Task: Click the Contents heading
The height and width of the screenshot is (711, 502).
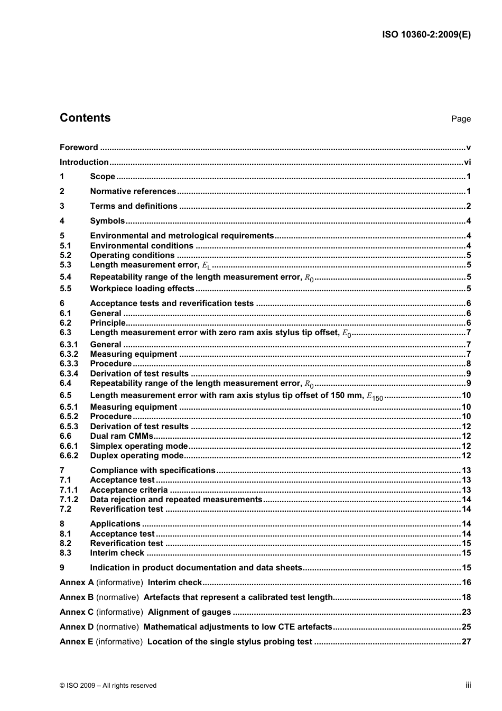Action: pyautogui.click(x=85, y=118)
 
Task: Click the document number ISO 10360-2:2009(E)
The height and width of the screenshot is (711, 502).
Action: pyautogui.click(x=426, y=35)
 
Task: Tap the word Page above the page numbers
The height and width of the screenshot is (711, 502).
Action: pyautogui.click(x=461, y=119)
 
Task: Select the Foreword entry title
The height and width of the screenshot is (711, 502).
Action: pyautogui.click(x=79, y=147)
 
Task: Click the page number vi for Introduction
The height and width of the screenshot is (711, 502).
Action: pyautogui.click(x=467, y=162)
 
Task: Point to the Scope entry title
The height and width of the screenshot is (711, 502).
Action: pyautogui.click(x=103, y=177)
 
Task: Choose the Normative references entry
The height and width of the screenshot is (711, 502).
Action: pyautogui.click(x=133, y=191)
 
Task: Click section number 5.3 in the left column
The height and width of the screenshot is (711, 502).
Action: pyautogui.click(x=66, y=265)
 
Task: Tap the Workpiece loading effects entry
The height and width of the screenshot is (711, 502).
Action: pyautogui.click(x=142, y=289)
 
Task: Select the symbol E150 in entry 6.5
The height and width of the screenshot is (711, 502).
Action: pyautogui.click(x=375, y=396)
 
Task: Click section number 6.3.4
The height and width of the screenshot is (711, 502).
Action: pyautogui.click(x=69, y=374)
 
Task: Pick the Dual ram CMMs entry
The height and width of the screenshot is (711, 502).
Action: pyautogui.click(x=122, y=436)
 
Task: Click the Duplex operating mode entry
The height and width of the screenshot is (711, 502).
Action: pyautogui.click(x=137, y=456)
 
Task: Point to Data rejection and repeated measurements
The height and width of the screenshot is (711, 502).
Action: pyautogui.click(x=176, y=500)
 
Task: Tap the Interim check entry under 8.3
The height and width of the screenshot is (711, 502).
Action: pyautogui.click(x=117, y=553)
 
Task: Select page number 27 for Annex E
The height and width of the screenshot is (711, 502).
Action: pyautogui.click(x=466, y=642)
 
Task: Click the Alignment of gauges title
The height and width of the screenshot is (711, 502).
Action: pyautogui.click(x=189, y=612)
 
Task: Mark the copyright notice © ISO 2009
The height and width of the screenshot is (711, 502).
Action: pyautogui.click(x=108, y=686)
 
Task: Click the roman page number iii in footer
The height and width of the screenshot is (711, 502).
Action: pyautogui.click(x=468, y=685)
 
